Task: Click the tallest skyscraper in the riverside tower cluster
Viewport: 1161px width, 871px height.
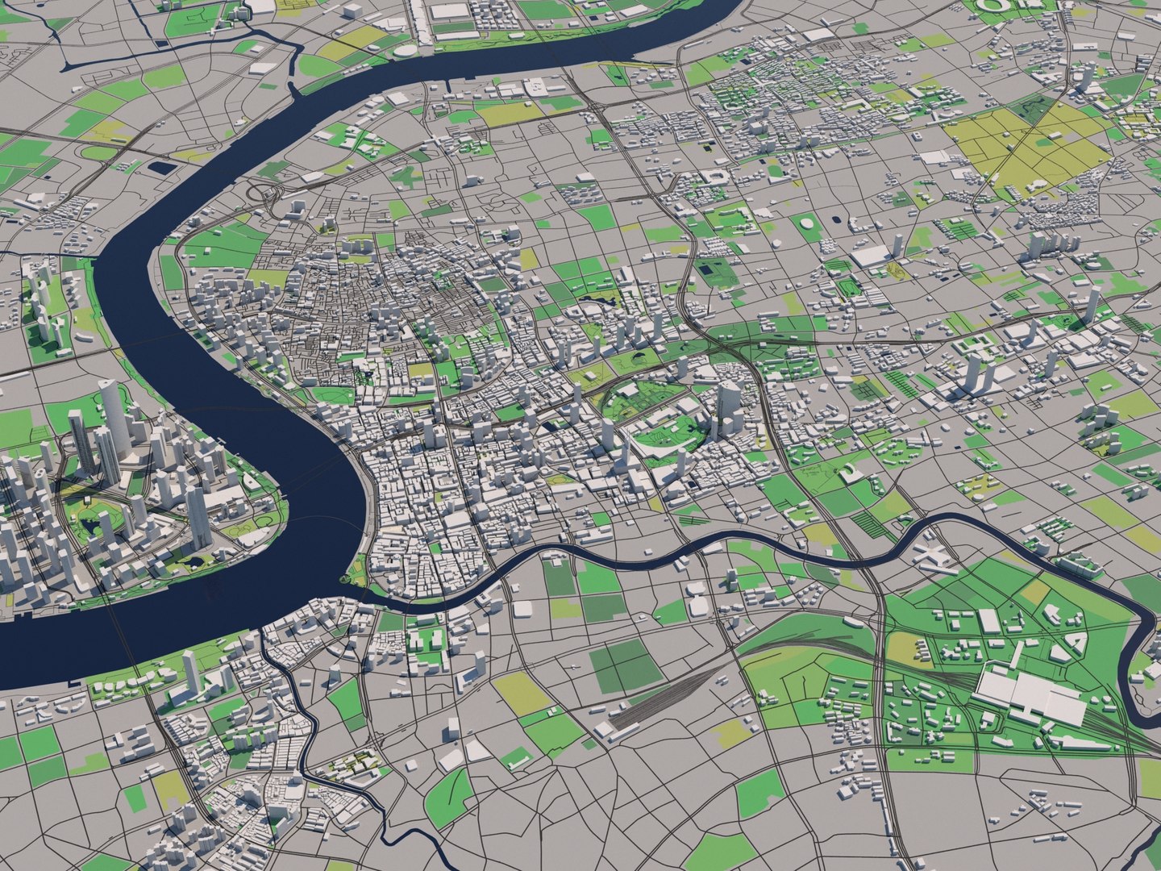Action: (x=114, y=411)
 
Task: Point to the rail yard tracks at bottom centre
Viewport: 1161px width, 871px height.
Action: (x=661, y=694)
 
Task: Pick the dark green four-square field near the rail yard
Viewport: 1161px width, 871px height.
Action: (x=625, y=666)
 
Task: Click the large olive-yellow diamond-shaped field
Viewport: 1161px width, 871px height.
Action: (x=1024, y=149)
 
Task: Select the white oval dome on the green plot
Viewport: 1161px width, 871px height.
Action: (x=807, y=222)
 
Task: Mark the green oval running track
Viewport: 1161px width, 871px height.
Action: (x=847, y=286)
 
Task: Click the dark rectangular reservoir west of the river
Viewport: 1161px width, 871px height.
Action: (x=162, y=168)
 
